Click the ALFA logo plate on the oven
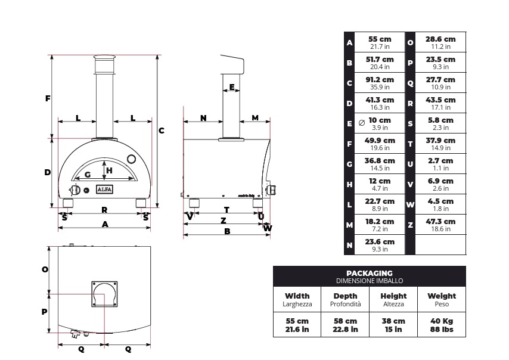[x=104, y=190]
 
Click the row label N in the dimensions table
[x=349, y=245]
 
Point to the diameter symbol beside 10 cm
[x=362, y=123]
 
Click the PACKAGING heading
[x=370, y=274]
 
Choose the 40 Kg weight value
[x=442, y=321]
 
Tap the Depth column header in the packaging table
[x=345, y=296]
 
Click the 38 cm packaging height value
[x=393, y=321]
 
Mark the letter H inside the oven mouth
[x=109, y=170]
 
